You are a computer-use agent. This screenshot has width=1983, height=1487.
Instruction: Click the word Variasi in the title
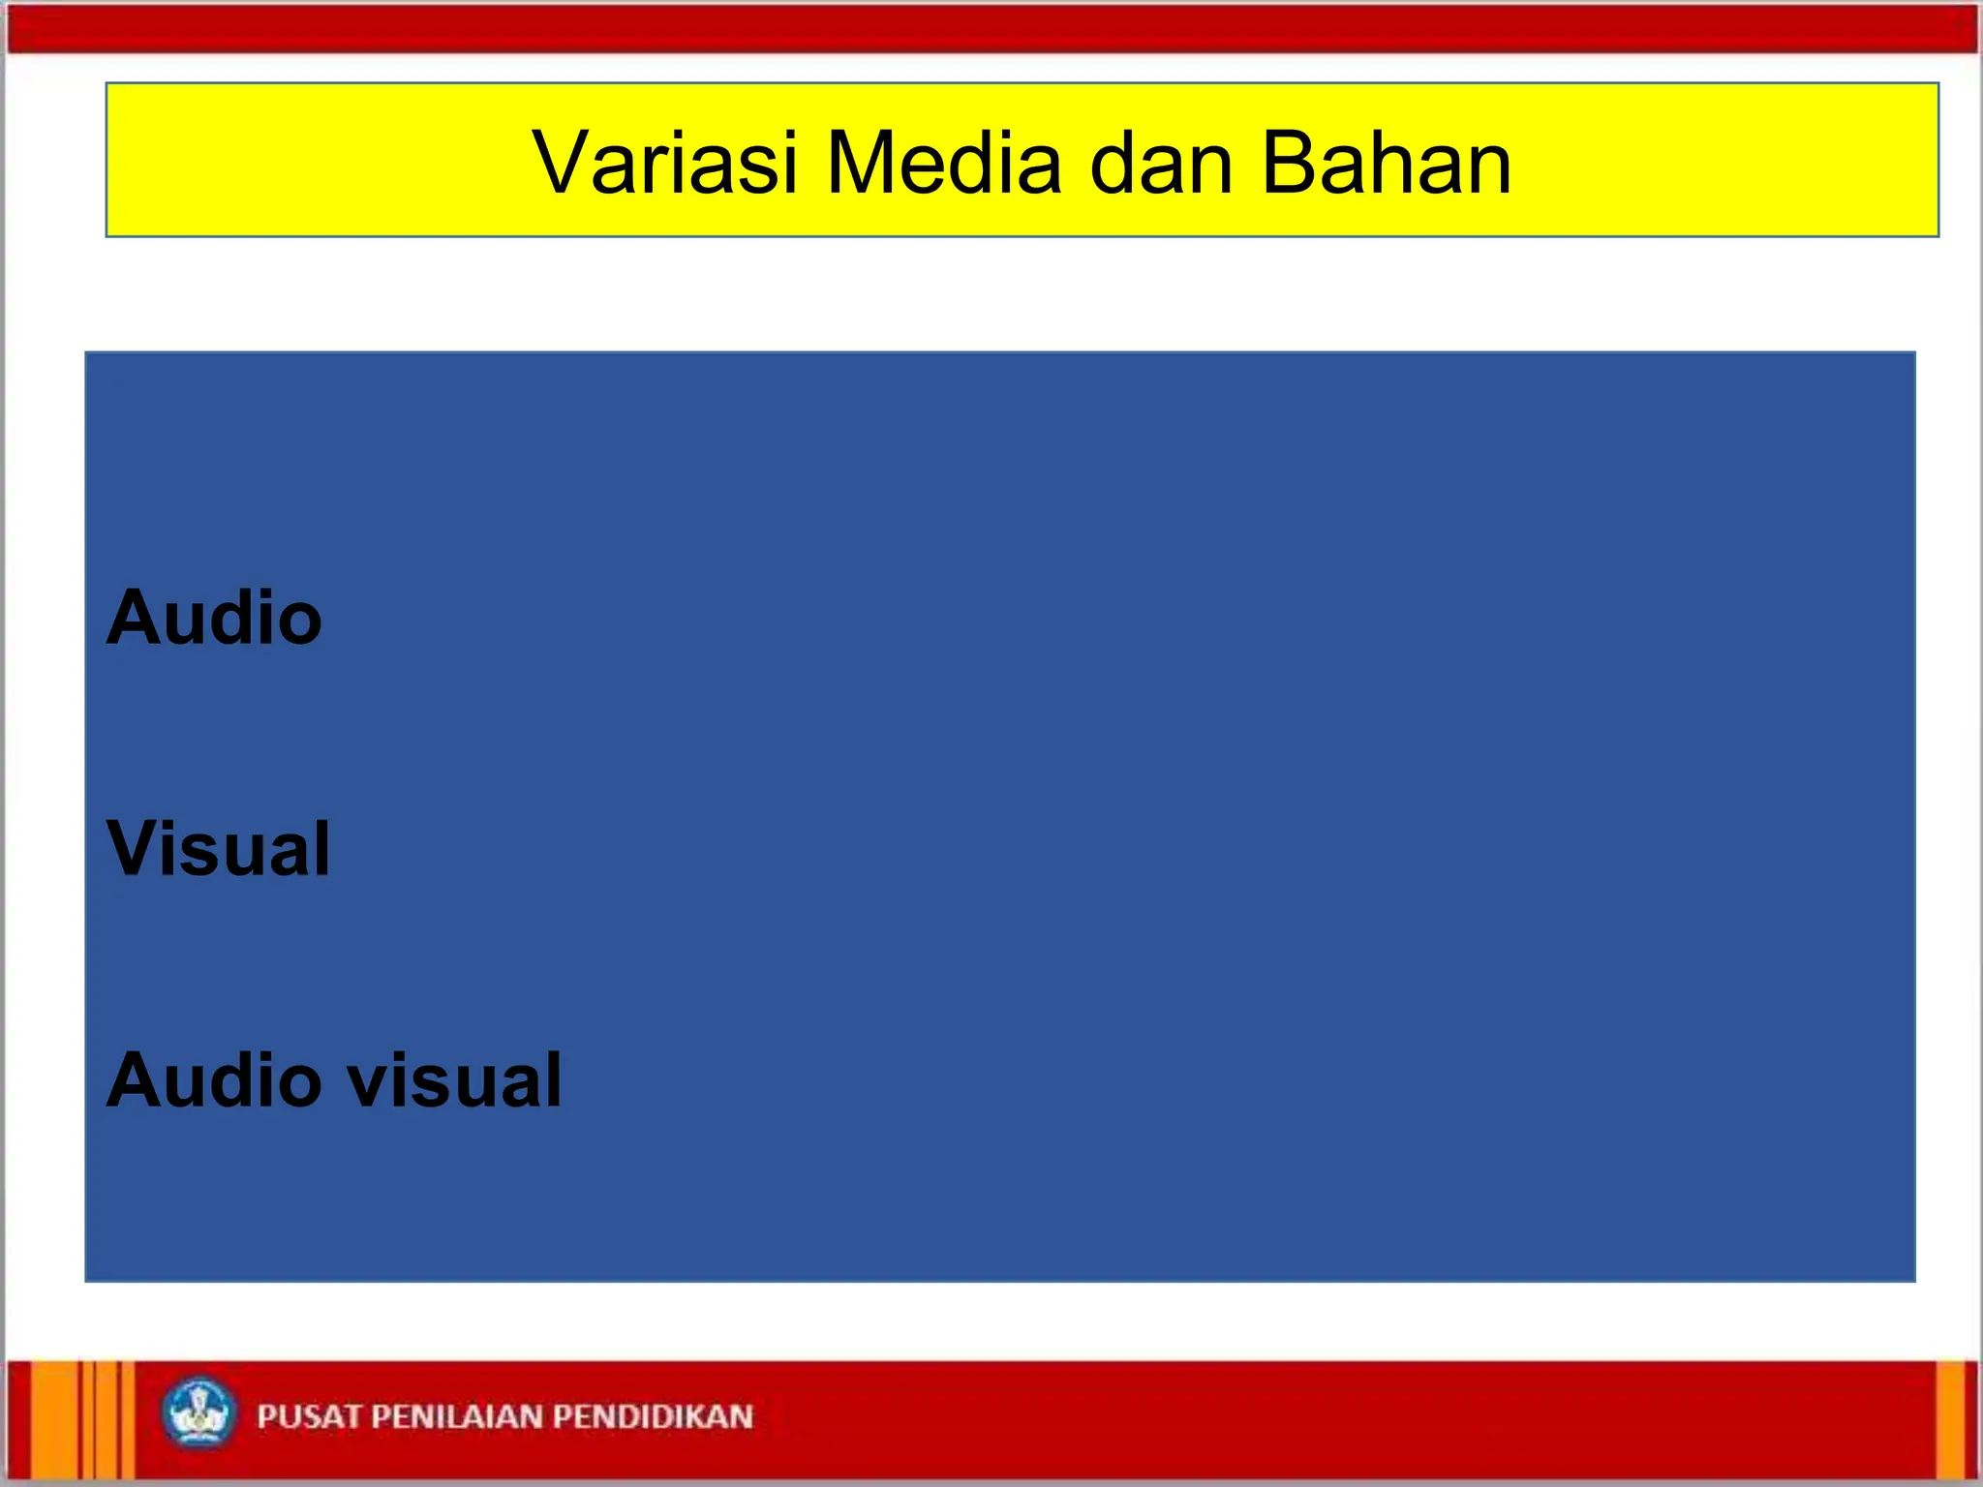tap(664, 163)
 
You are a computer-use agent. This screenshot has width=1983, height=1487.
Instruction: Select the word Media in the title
tap(943, 163)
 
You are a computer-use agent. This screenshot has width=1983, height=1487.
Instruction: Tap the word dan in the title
tap(1161, 163)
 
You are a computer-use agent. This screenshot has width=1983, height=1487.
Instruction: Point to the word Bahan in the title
tap(1386, 163)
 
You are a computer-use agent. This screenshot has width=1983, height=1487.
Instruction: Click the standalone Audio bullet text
tap(214, 618)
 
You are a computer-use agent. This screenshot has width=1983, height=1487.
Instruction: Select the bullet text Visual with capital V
tap(219, 849)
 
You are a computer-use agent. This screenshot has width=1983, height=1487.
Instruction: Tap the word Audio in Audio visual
tap(214, 1080)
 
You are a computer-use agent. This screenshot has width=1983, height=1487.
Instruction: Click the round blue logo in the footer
tap(198, 1413)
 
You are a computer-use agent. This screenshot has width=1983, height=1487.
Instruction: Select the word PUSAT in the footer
tap(309, 1416)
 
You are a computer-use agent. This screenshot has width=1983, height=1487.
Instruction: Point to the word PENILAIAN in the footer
tap(458, 1416)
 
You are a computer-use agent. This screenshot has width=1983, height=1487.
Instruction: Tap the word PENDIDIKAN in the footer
tap(654, 1416)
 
